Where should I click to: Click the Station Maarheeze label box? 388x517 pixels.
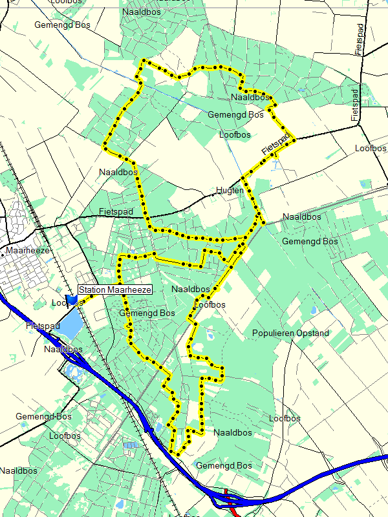tap(115, 290)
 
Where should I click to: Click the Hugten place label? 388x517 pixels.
tap(230, 191)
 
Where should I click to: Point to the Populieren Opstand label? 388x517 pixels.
tap(290, 333)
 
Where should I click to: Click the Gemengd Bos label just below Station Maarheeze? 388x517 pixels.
tap(147, 313)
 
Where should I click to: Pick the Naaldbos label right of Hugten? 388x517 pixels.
tap(302, 217)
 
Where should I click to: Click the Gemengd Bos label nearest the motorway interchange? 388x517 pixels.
tap(224, 465)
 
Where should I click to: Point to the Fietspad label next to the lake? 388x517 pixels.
tap(43, 327)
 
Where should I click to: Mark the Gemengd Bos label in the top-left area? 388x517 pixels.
tap(63, 25)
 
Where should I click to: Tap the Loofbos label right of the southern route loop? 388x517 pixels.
tap(285, 419)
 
